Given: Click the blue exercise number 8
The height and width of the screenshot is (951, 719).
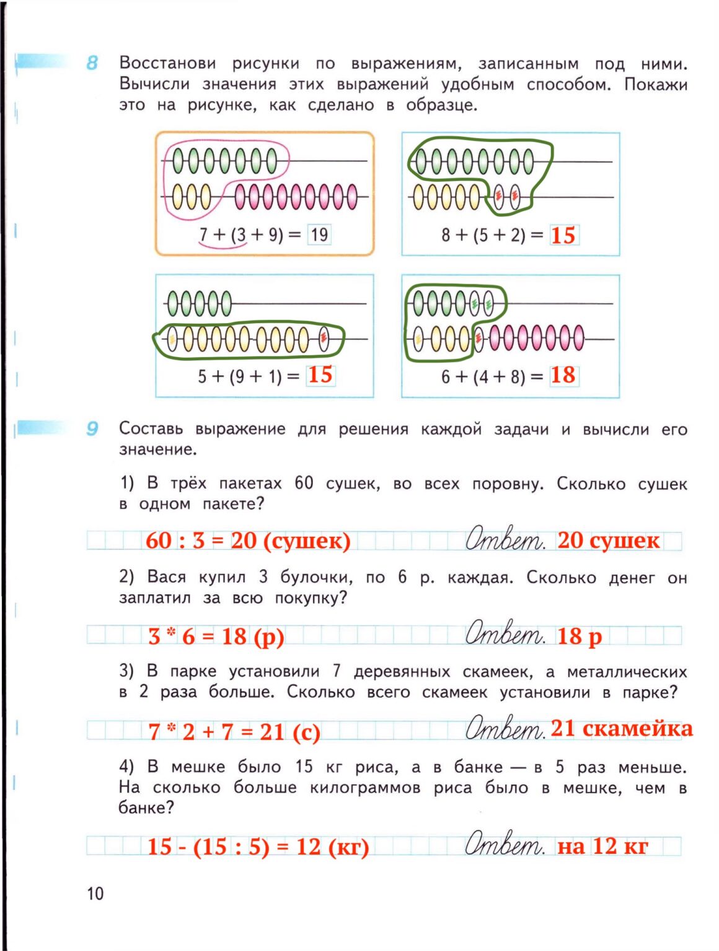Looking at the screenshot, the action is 92,63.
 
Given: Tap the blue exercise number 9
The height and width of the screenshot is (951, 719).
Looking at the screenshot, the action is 92,428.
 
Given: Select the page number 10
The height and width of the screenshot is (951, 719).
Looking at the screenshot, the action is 95,893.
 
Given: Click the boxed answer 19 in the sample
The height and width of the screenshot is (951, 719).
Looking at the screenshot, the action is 319,235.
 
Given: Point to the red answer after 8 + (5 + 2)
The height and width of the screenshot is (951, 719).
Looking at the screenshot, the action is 563,235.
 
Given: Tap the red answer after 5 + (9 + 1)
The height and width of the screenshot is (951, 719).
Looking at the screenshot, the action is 320,375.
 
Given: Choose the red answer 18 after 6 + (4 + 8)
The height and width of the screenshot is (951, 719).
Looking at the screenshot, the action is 563,375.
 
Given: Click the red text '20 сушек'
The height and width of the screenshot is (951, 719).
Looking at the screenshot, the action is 608,541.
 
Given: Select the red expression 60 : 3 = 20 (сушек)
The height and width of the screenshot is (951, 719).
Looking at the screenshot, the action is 248,541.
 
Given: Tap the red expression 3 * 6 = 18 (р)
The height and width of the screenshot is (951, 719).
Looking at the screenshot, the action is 216,636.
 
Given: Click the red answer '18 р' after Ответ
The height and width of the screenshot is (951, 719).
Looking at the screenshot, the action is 579,636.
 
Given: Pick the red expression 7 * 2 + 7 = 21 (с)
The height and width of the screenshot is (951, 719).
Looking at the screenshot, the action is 234,732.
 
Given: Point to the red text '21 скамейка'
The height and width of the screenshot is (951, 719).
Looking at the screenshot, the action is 621,728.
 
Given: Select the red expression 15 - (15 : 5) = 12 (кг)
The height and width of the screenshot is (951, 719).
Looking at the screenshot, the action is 258,846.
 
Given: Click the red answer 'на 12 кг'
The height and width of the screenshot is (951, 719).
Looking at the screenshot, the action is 602,846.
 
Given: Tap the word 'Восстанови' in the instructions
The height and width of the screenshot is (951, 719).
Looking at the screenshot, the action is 167,63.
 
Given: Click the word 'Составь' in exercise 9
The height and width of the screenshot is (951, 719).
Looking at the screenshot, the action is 151,428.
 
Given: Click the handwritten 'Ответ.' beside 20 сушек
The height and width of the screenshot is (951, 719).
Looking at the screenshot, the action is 505,539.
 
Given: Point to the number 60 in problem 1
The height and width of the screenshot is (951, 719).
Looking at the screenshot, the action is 304,483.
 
